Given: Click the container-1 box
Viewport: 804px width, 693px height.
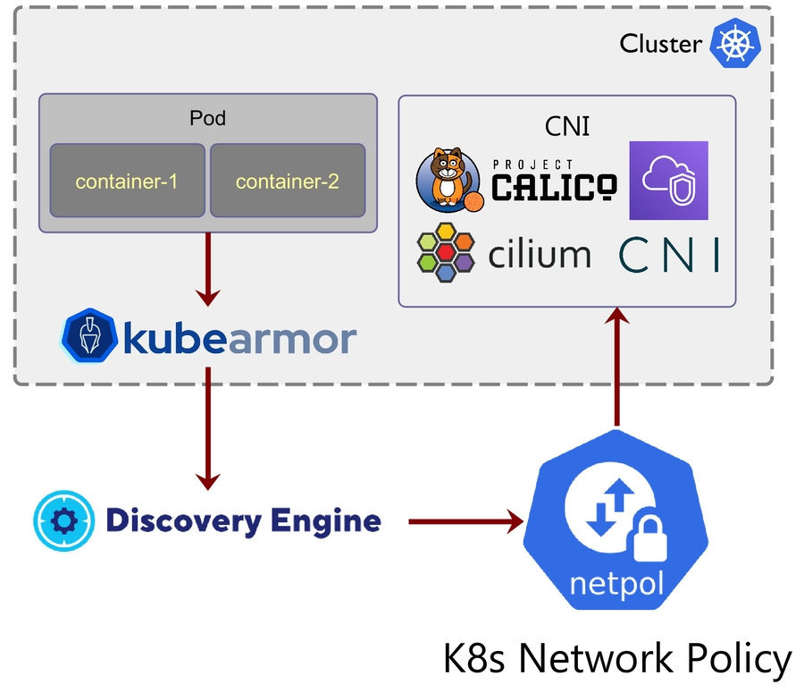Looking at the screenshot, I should [127, 181].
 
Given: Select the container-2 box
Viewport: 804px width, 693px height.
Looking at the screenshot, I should [287, 181].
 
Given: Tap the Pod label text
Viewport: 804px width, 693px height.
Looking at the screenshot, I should [207, 118].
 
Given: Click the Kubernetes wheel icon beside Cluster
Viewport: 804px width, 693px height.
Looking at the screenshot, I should [734, 44].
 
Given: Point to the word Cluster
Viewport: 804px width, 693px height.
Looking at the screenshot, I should [660, 44].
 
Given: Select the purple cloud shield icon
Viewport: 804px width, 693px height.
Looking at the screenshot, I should [668, 180].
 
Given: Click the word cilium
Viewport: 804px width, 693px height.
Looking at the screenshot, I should [540, 254].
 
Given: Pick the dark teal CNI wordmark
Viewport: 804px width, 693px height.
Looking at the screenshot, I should [668, 255].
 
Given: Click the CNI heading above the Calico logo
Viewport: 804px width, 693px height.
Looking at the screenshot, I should [567, 126].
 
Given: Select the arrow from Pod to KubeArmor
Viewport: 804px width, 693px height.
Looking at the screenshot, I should [208, 268].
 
